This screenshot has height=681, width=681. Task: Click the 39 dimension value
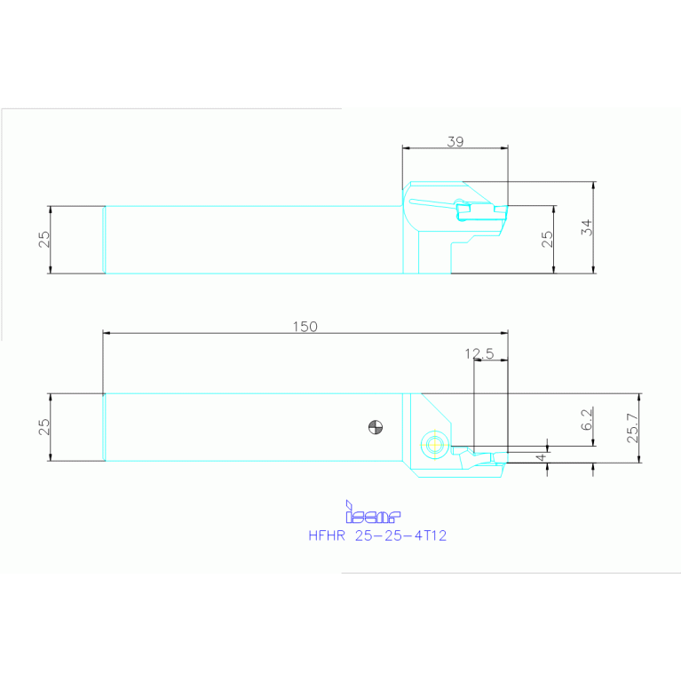(455, 141)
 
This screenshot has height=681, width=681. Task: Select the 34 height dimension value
(586, 226)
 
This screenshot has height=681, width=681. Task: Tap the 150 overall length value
(305, 327)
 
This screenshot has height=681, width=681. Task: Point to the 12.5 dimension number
(479, 353)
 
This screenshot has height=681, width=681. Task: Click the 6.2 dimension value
(586, 420)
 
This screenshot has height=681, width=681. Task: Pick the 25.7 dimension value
(632, 427)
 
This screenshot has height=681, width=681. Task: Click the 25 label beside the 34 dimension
(547, 239)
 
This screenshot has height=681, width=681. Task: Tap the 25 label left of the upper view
(44, 240)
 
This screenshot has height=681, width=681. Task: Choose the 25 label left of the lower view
(44, 427)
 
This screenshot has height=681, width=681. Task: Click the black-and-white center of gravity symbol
(376, 428)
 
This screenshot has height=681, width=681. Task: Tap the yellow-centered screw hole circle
(434, 444)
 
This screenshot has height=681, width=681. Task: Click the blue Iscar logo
(373, 512)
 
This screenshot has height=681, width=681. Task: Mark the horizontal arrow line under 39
(455, 147)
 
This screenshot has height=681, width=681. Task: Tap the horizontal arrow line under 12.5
(491, 360)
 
